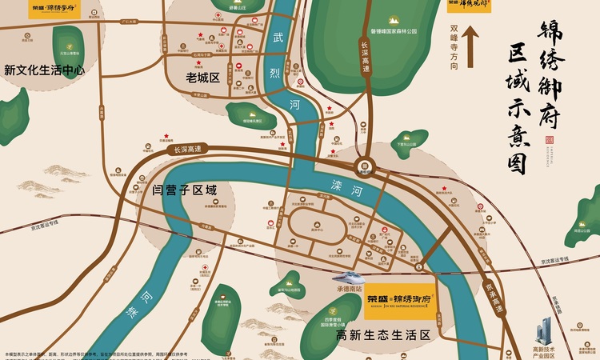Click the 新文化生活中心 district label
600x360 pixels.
45,70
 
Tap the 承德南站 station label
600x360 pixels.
349,288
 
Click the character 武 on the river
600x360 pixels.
278,38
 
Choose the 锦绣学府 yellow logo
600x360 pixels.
54,10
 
